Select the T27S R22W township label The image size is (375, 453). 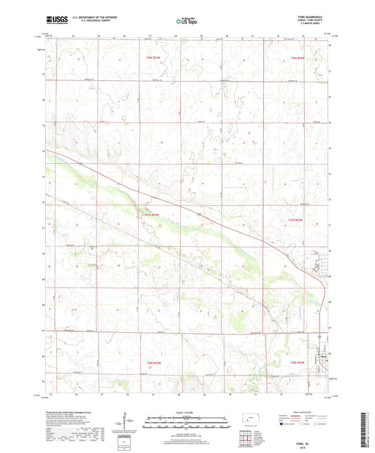click(x=297, y=220)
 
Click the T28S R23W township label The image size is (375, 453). click(x=154, y=362)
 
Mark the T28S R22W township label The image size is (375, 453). click(x=298, y=362)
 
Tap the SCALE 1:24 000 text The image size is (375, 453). click(x=186, y=411)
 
